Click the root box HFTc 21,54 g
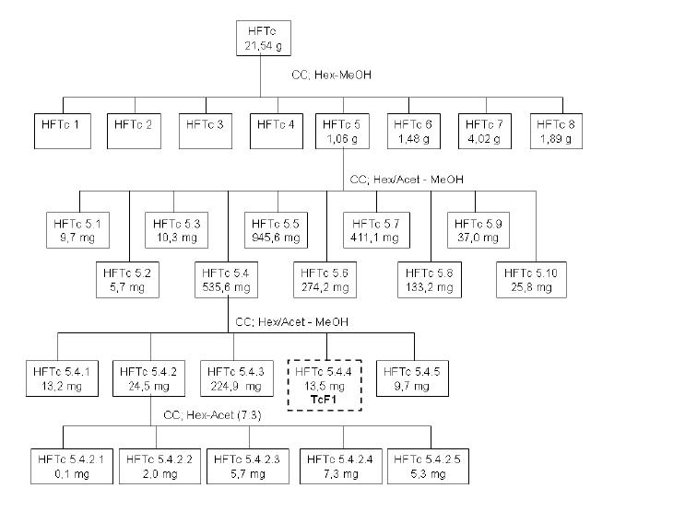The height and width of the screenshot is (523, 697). coord(264,38)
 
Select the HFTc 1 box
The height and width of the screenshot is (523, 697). coord(63,131)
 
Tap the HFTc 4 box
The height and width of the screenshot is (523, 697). coord(277,131)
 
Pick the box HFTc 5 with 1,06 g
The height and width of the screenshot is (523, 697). coord(342,131)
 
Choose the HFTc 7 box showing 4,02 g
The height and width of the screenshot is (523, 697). coord(485,131)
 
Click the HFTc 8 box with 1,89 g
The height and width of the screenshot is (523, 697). coord(556,131)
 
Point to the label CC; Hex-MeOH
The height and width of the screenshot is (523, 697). coord(332,75)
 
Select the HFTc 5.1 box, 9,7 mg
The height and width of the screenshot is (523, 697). coord(77,230)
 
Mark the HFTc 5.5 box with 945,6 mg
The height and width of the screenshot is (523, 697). coord(276,230)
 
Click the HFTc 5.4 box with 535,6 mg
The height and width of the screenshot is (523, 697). coord(226,280)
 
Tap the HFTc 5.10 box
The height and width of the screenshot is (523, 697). coord(531,280)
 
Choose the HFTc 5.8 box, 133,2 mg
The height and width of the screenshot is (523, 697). coord(430,280)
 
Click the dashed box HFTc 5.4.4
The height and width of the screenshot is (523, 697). coord(325,386)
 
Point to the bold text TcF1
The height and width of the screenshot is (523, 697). coord(324,400)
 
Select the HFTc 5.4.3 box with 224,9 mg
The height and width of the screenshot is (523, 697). coord(236,378)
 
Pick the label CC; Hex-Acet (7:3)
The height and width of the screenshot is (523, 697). coord(212,415)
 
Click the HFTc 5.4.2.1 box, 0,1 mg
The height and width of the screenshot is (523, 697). coord(72,466)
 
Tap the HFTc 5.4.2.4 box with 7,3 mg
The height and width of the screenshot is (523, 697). coord(341,466)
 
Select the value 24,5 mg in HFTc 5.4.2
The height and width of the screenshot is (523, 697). coord(149,386)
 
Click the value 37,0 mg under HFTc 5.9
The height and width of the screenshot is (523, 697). coord(478,238)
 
